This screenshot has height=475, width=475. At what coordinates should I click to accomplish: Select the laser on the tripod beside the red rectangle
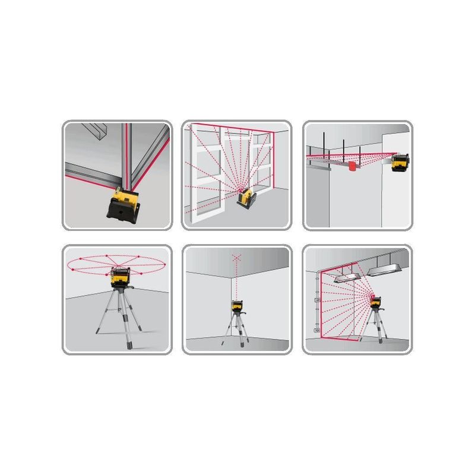click(375, 303)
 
